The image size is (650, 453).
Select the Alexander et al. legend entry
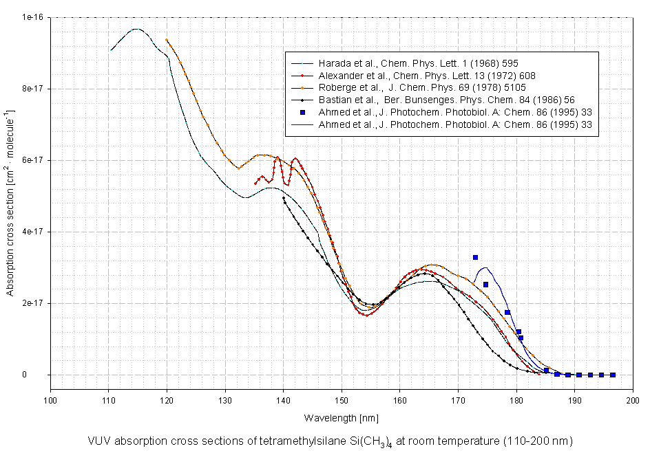coord(427,76)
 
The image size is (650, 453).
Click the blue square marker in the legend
coord(301,112)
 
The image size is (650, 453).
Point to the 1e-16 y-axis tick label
coord(30,17)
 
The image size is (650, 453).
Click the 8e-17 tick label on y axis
coord(30,89)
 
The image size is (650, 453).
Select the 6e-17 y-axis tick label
coord(30,160)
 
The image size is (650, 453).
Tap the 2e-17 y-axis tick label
coord(30,303)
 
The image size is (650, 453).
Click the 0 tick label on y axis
coord(42,375)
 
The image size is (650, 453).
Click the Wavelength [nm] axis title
coord(342,418)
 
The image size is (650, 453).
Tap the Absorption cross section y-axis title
coord(10,196)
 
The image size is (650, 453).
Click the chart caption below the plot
coord(330,440)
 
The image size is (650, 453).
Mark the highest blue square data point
coord(475,257)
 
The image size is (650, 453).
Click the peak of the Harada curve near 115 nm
coord(136,29)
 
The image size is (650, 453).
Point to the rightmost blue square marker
coord(612,375)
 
